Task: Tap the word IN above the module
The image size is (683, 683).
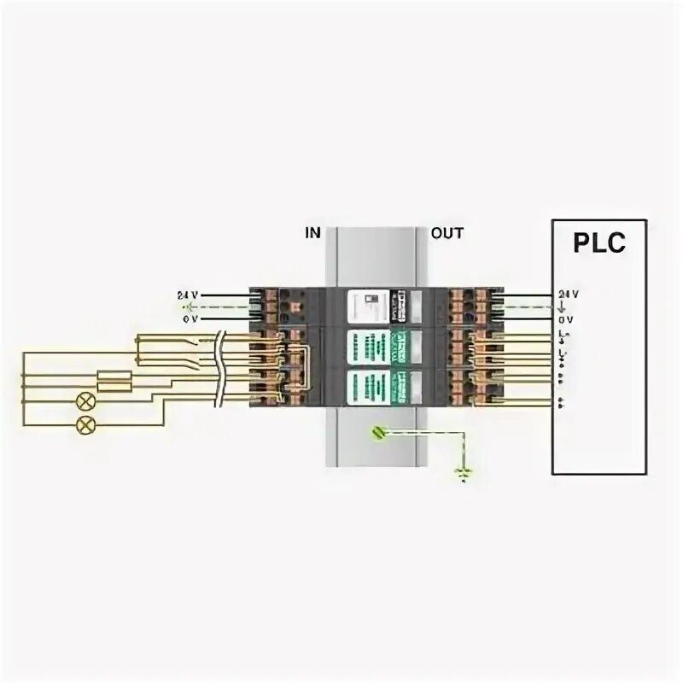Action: tap(313, 232)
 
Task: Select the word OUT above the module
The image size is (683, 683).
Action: tap(447, 232)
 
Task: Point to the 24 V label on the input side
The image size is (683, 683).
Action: tap(187, 295)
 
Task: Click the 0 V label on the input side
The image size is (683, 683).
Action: tap(189, 318)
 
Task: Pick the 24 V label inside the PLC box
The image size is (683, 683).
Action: tap(568, 295)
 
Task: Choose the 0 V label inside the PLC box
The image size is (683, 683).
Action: tap(568, 318)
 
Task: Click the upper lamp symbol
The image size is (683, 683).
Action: tap(85, 401)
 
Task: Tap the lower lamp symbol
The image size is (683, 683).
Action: tap(85, 423)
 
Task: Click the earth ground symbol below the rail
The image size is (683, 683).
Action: tap(465, 471)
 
